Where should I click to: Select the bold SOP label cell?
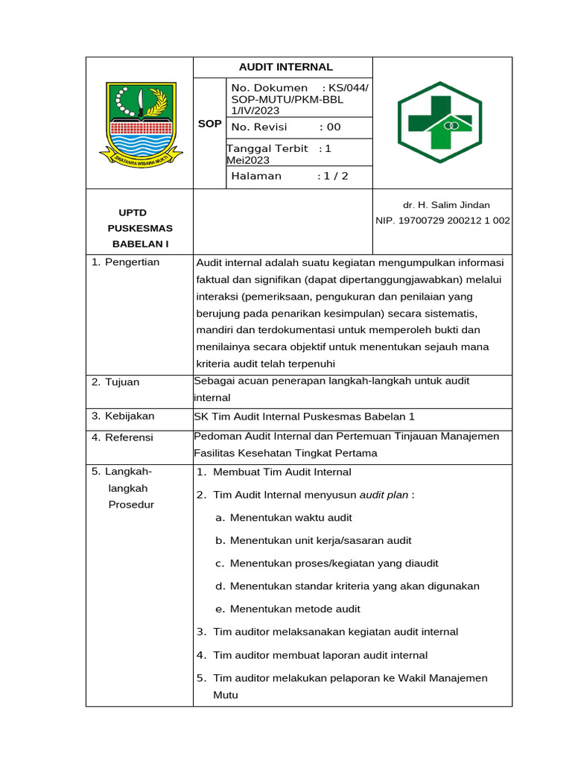(209, 124)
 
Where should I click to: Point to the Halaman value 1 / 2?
(333, 177)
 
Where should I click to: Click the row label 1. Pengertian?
(125, 262)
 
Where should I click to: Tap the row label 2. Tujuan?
(115, 382)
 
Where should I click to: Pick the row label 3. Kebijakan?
(121, 417)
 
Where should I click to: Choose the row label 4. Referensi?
(122, 437)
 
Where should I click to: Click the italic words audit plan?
(384, 495)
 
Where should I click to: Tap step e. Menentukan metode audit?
(287, 610)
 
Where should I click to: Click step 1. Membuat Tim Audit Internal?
(274, 472)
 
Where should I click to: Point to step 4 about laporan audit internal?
(312, 656)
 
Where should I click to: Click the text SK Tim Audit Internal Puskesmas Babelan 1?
(303, 417)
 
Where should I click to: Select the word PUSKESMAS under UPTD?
(140, 229)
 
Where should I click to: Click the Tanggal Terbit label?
(268, 149)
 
